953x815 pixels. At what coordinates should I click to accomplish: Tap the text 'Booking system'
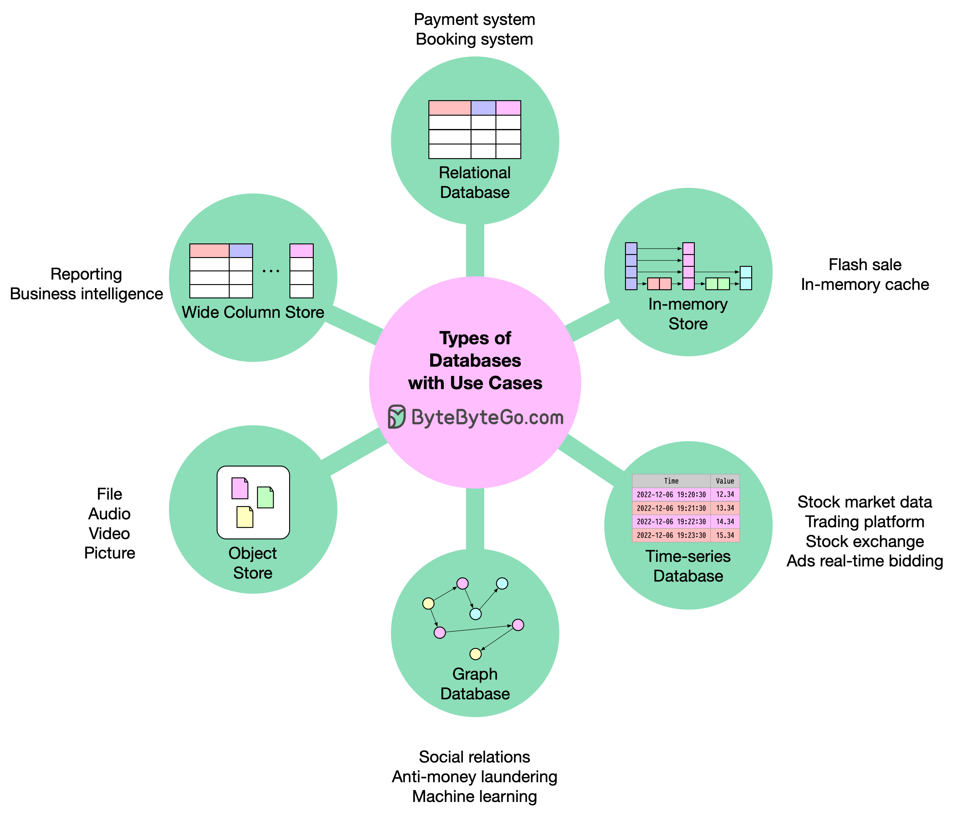tap(474, 39)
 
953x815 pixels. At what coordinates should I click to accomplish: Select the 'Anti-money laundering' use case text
tap(474, 777)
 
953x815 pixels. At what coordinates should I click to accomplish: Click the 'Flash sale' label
tap(865, 265)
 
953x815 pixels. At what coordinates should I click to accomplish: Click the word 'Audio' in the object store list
tap(110, 514)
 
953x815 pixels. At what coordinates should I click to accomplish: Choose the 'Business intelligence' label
tap(86, 294)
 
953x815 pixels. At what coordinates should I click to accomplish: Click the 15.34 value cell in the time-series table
tap(725, 535)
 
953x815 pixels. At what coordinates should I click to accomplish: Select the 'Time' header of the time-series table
tap(671, 481)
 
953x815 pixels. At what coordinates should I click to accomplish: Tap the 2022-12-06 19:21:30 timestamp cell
tap(671, 508)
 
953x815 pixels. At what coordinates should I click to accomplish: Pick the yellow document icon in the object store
tap(245, 517)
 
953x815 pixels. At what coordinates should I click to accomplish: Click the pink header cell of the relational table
tap(508, 108)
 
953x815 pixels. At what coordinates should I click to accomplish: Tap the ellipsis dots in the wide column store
tap(271, 271)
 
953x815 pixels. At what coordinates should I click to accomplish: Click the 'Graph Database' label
tap(475, 684)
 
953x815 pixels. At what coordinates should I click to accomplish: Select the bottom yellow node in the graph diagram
tap(475, 654)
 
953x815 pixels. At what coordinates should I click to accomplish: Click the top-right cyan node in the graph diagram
tap(502, 583)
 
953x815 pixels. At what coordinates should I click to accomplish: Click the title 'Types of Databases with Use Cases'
tap(475, 360)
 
